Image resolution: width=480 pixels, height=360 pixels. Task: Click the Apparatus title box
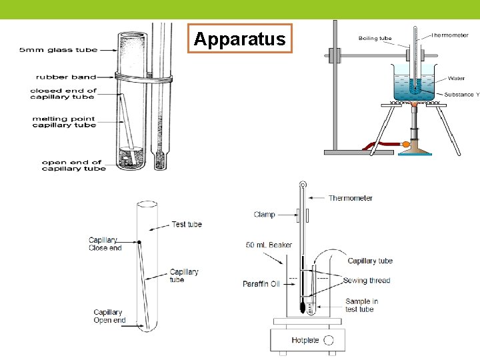239,39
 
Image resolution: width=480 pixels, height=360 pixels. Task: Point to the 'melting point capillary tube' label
64,121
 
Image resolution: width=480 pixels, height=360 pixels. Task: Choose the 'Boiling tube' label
375,38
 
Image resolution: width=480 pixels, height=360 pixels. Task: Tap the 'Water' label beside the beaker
457,78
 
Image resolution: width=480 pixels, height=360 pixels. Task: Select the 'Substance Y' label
461,95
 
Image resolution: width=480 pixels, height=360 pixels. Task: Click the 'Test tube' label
187,225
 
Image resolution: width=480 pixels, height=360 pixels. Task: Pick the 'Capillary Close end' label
105,244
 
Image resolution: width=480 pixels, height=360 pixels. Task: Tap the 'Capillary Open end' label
109,316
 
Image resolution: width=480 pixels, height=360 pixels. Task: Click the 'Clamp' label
265,215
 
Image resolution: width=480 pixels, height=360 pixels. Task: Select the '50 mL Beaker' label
269,245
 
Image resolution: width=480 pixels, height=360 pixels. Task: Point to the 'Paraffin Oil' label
261,284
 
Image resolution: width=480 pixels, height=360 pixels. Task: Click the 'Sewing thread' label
367,281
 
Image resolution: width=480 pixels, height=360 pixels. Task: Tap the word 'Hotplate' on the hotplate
305,341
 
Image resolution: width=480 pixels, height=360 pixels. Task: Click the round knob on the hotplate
329,340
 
